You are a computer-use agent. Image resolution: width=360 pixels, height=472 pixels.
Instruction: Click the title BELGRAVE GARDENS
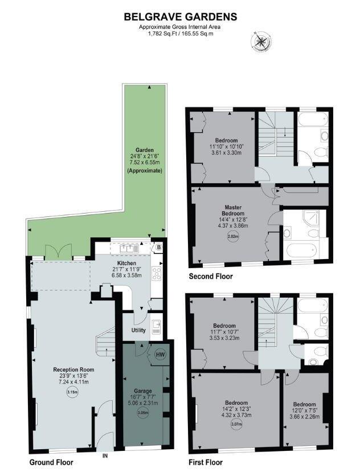coord(181,18)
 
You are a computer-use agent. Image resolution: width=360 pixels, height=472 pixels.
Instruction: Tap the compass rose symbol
coord(260,42)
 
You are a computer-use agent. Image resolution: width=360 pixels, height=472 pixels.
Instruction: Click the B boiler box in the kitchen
coord(158,248)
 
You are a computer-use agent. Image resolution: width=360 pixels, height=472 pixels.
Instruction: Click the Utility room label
coord(138,330)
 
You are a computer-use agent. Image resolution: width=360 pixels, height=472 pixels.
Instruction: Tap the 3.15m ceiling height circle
coord(72,391)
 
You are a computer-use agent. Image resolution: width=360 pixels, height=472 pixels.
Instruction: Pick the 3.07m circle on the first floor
coord(235,423)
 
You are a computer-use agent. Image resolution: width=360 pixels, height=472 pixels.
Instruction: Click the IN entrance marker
coord(105,455)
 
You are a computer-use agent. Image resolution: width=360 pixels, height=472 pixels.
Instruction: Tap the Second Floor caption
coord(211,277)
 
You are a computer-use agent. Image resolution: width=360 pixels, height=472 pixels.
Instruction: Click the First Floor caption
coord(206,462)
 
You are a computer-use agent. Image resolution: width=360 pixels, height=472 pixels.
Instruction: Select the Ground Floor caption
coord(51,462)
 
